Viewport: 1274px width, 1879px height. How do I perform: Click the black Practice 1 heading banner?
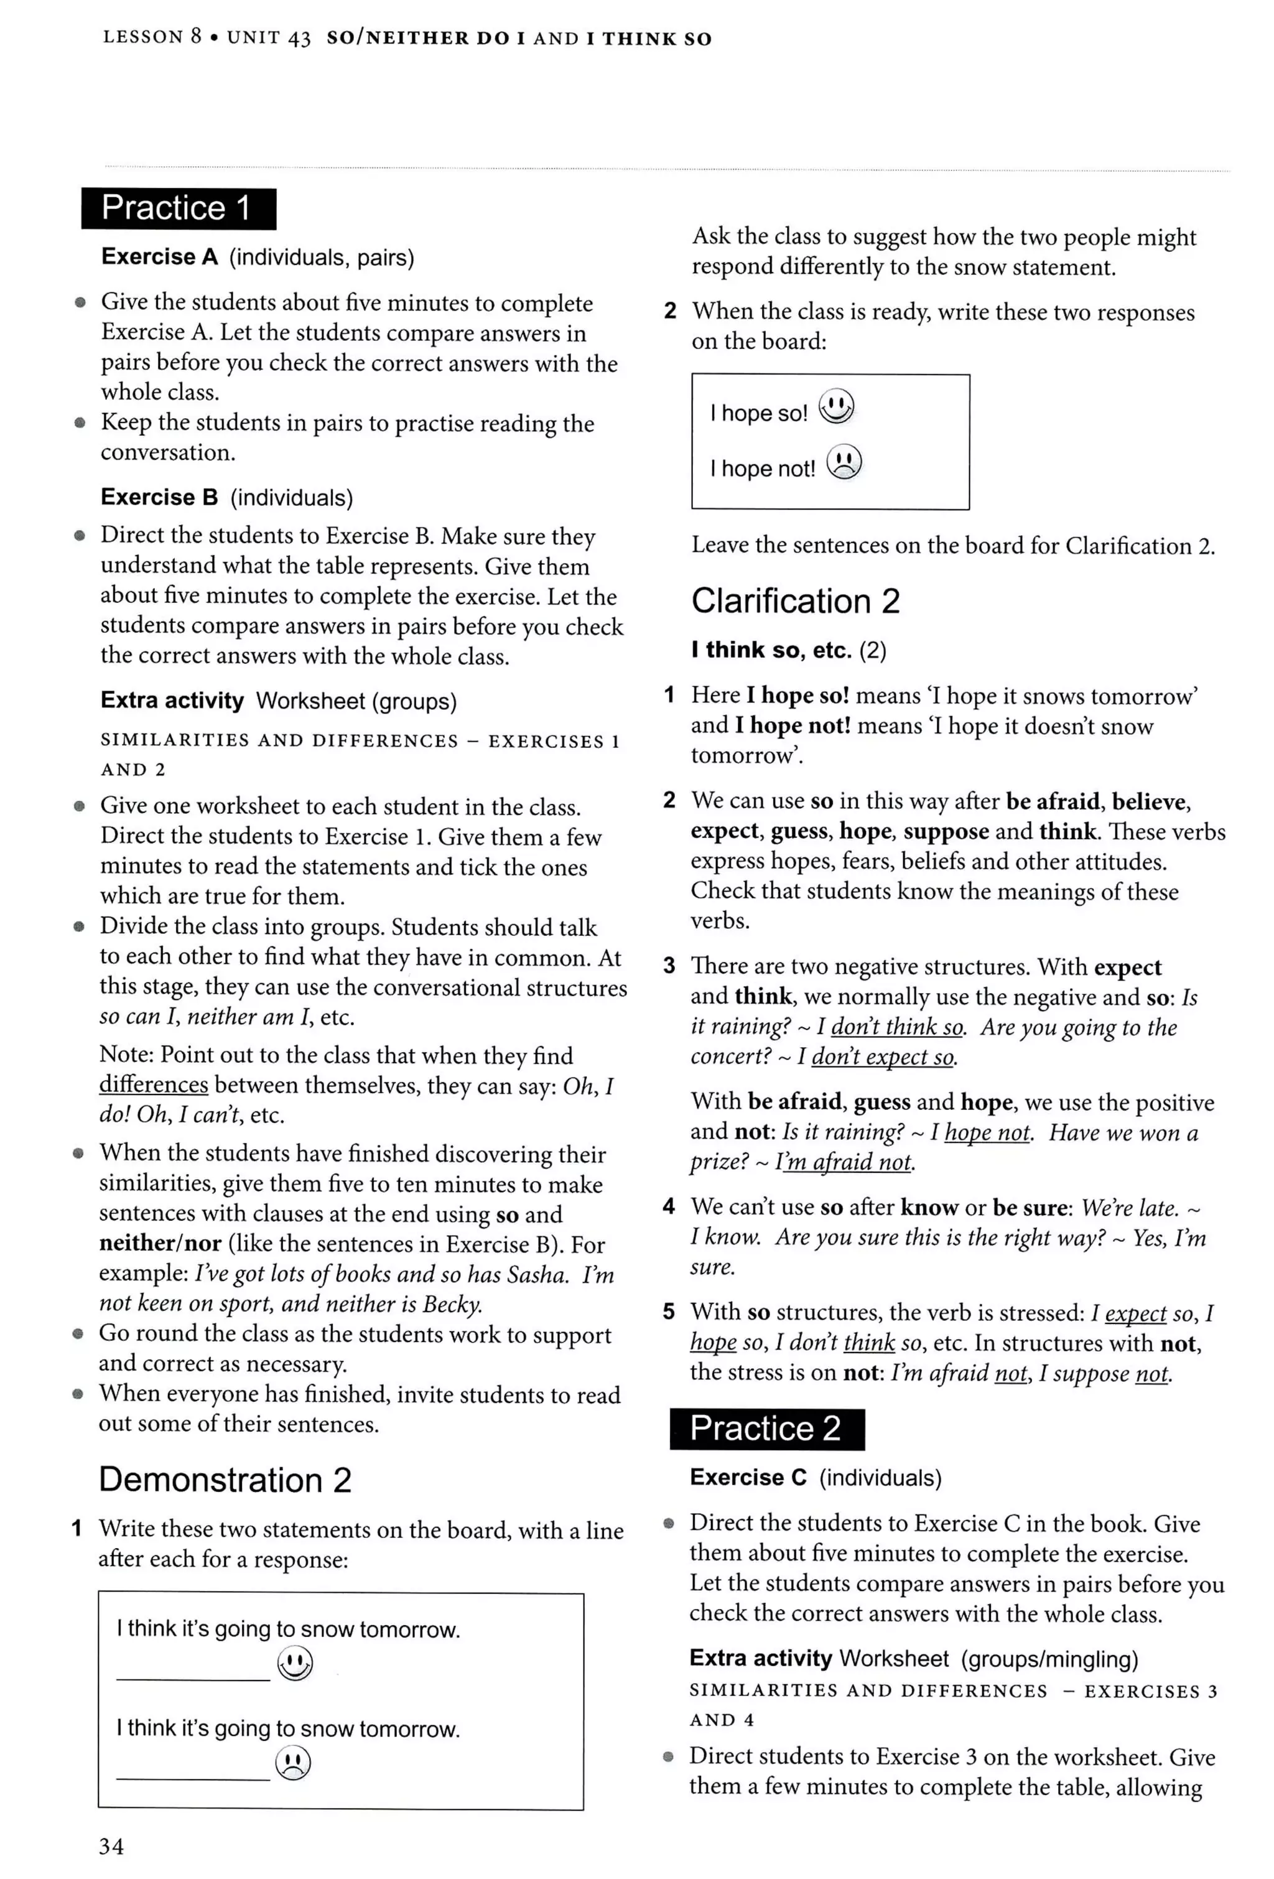pyautogui.click(x=178, y=208)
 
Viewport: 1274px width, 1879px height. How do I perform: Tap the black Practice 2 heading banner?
pyautogui.click(x=766, y=1429)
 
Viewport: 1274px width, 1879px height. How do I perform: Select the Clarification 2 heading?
pyautogui.click(x=796, y=601)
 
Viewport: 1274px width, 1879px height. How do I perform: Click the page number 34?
pyautogui.click(x=111, y=1846)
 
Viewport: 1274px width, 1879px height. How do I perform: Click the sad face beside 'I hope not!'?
pyautogui.click(x=844, y=462)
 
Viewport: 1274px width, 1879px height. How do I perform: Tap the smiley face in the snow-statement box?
pyautogui.click(x=294, y=1663)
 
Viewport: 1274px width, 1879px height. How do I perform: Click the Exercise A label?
pyautogui.click(x=159, y=257)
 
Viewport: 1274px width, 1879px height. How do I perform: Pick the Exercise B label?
pyautogui.click(x=159, y=497)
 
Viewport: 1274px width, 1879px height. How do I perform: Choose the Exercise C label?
pyautogui.click(x=748, y=1478)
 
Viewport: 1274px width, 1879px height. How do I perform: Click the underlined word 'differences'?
pyautogui.click(x=154, y=1085)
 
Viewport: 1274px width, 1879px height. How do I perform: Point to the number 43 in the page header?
pyautogui.click(x=299, y=38)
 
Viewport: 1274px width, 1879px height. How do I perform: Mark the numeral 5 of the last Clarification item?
pyautogui.click(x=669, y=1312)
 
